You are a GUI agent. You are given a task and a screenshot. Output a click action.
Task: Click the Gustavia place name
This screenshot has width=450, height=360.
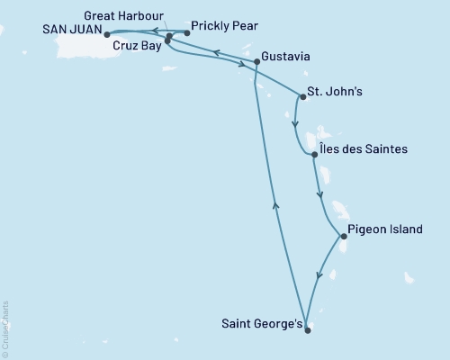point(289,57)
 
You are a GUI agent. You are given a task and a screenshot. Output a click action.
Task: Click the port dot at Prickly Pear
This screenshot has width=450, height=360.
point(186,33)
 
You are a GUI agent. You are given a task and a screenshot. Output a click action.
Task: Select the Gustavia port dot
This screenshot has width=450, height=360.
point(257,62)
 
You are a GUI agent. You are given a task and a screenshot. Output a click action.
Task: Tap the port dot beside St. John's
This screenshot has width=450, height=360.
point(302,97)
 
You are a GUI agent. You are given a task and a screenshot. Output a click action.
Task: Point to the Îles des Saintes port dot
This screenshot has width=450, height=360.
point(314,156)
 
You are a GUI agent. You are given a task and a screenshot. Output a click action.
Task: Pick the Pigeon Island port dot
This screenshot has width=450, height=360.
point(343,237)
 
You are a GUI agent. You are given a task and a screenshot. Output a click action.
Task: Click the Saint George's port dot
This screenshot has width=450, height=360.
point(307,330)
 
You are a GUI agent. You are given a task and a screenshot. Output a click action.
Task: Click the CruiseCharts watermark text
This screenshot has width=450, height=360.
point(6,328)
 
